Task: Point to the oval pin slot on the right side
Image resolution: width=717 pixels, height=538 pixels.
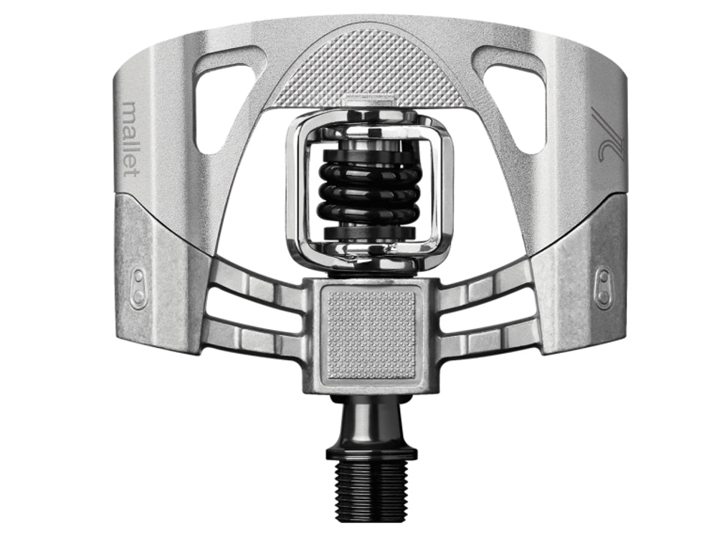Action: coord(604,288)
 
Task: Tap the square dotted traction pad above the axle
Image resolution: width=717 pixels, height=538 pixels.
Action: coord(371,334)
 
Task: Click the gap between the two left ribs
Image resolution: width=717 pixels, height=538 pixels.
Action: coord(255,313)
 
